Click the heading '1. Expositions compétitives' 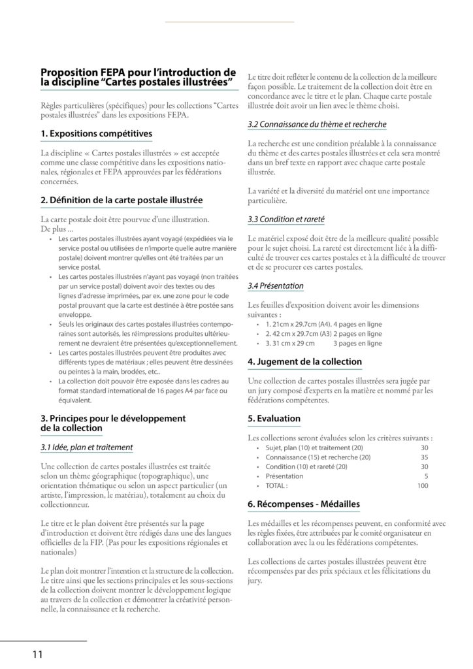(96, 134)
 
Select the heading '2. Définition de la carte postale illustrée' (122, 199)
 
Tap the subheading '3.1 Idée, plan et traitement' (86, 448)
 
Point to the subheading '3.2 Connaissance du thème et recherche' (317, 123)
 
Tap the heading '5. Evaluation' (274, 418)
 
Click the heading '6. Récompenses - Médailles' (304, 504)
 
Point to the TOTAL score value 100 (422, 486)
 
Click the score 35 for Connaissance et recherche (423, 457)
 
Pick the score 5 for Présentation (425, 476)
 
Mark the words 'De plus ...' (57, 230)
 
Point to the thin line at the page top (229, 22)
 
